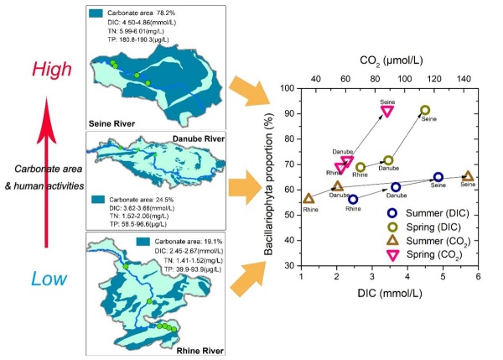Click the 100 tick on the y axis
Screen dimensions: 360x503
tap(290, 88)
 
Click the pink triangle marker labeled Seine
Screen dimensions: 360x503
tap(386, 110)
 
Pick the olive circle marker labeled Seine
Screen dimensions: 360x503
tap(425, 110)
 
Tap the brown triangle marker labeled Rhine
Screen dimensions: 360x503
tap(309, 199)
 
